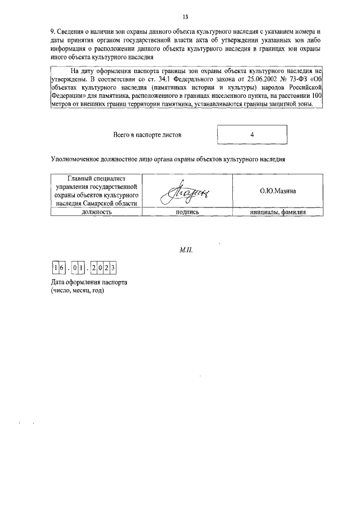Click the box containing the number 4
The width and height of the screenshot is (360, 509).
click(252, 135)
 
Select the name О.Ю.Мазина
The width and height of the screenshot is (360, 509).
click(278, 191)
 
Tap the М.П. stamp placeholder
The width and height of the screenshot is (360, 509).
click(185, 248)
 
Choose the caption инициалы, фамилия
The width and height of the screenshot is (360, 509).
click(278, 213)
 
